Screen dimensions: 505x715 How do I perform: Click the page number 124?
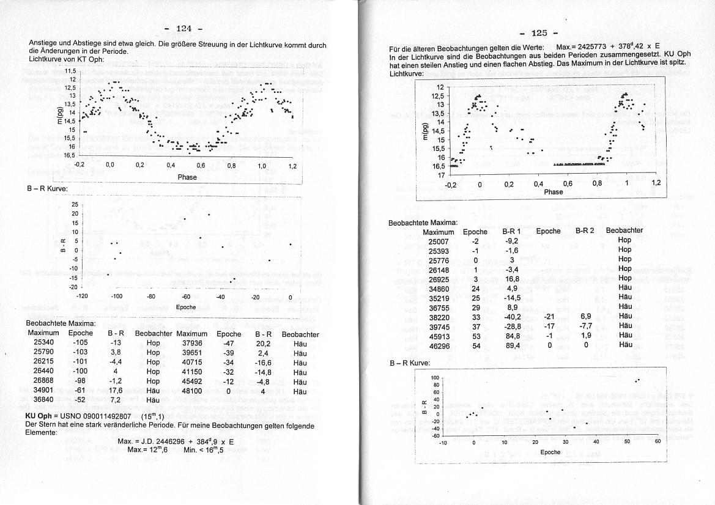click(183, 28)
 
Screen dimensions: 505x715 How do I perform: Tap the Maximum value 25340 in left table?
click(44, 343)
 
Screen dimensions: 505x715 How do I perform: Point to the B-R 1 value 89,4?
click(511, 346)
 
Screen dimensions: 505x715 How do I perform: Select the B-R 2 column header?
click(585, 231)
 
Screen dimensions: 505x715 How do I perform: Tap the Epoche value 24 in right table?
click(475, 289)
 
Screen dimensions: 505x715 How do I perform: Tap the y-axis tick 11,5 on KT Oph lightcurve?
click(70, 71)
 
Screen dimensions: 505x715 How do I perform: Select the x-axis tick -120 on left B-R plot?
click(83, 297)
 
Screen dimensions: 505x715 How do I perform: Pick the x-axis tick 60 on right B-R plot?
click(658, 441)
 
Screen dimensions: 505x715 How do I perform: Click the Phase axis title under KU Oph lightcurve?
click(553, 192)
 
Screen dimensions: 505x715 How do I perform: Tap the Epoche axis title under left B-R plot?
click(185, 307)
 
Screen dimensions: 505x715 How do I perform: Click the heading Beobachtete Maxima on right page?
click(423, 223)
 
